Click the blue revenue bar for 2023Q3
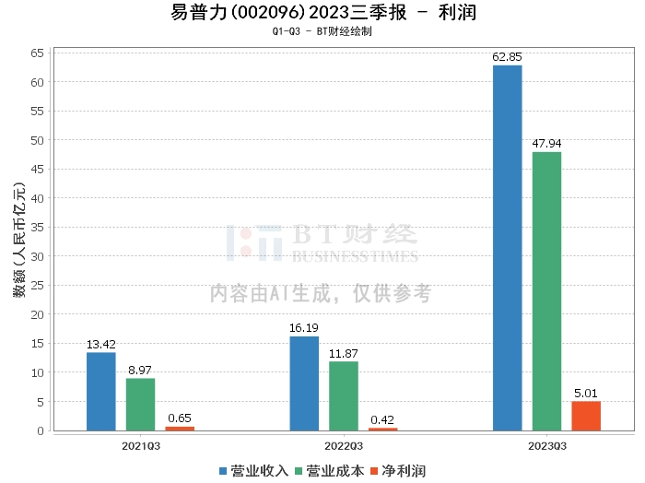[507, 248]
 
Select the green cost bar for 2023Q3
[546, 291]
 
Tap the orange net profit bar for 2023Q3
[586, 416]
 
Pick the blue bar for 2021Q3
[100, 391]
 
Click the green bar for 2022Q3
[344, 395]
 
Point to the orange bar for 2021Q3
[180, 429]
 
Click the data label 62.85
[507, 57]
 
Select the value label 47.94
[546, 144]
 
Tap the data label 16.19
[304, 328]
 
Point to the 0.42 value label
[382, 419]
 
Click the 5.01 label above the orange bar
[586, 394]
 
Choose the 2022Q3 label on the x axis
[344, 446]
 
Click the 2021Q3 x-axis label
[141, 446]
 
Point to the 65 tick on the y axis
[37, 53]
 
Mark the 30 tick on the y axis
[37, 257]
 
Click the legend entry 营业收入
[254, 471]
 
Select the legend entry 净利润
[398, 471]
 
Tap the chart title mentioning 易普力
[323, 12]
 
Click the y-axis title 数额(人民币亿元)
[19, 240]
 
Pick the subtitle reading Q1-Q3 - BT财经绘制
[322, 31]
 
